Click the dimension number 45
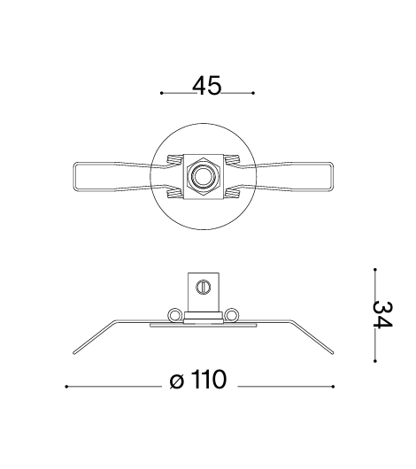pos(207,86)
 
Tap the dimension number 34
pos(382,315)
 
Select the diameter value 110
pos(209,380)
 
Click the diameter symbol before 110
pos(176,381)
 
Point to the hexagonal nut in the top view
pos(204,176)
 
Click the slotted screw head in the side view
pos(204,287)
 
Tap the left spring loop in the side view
pos(174,315)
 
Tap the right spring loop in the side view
pos(232,315)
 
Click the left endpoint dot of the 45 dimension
pos(162,93)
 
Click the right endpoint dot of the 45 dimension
pos(253,93)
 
